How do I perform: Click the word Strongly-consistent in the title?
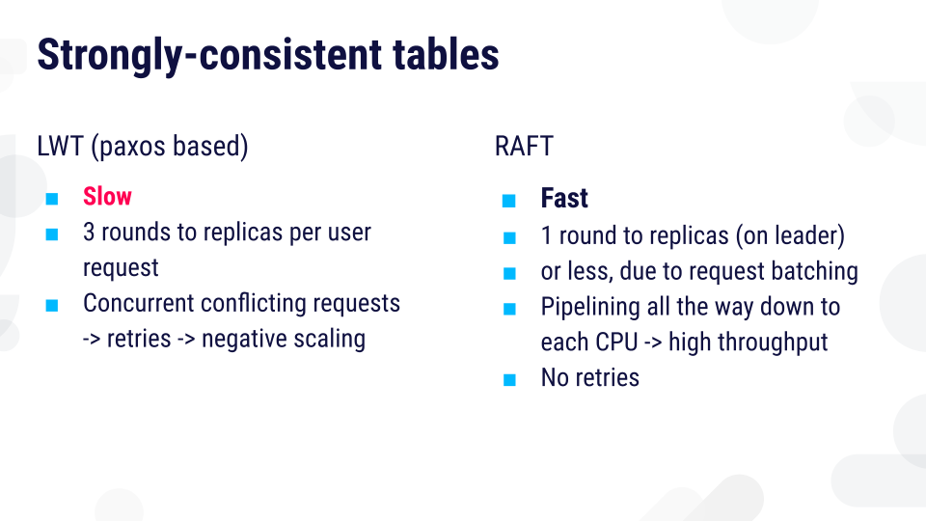209,55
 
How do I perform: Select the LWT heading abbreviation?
60,146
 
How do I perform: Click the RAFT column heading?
524,146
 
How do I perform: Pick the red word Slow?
107,196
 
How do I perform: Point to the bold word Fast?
564,198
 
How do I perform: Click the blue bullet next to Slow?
52,199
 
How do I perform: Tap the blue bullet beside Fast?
509,202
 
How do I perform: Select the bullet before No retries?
509,380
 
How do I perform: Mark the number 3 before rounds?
89,233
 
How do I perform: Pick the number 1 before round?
546,235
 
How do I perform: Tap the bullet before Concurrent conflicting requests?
52,306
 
